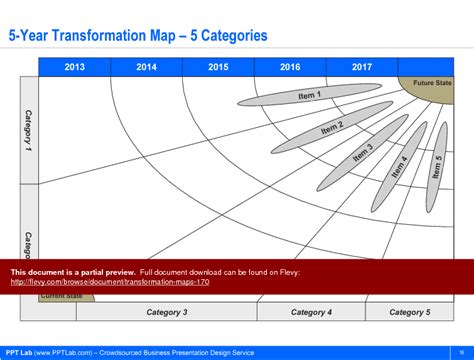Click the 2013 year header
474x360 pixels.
(x=74, y=67)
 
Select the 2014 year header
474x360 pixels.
(x=146, y=67)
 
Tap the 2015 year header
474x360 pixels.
(x=218, y=67)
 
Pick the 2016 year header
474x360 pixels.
(x=290, y=67)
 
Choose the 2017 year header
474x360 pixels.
(x=362, y=67)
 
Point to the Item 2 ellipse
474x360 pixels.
(x=329, y=127)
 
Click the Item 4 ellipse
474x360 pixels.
(x=399, y=164)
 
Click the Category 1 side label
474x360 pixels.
(x=28, y=130)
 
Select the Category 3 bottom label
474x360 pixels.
(x=167, y=312)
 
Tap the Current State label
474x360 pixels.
(x=61, y=297)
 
